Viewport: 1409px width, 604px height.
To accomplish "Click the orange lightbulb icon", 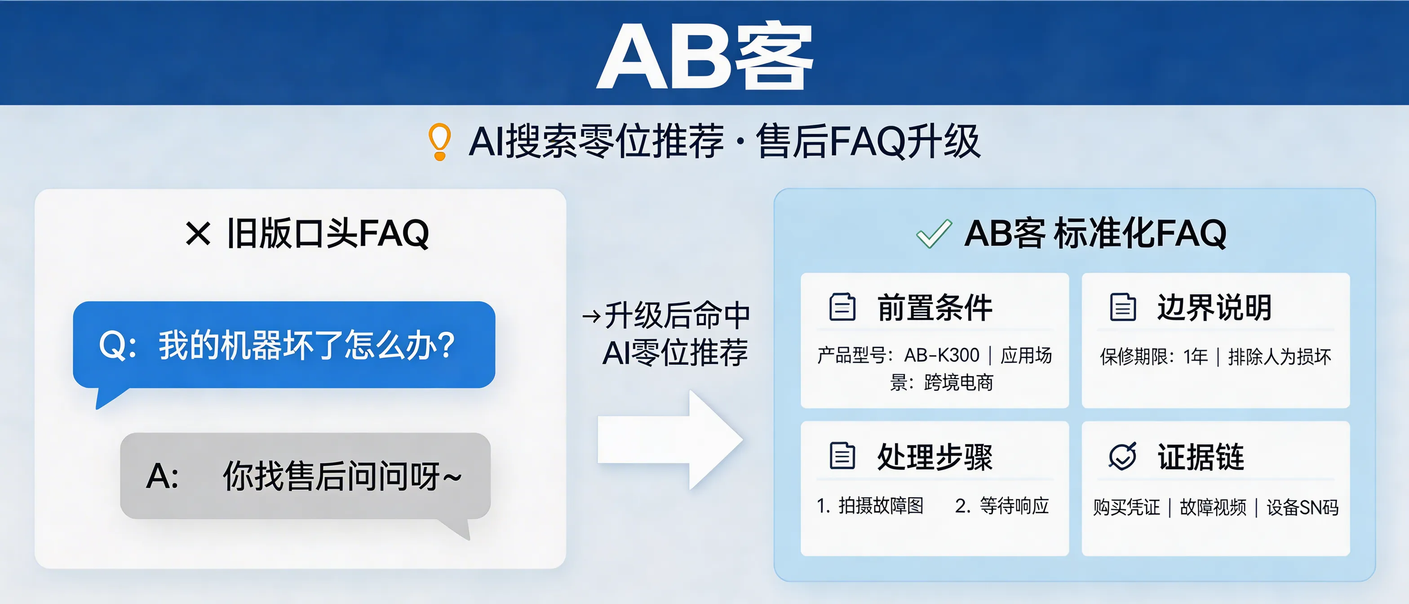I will pyautogui.click(x=439, y=142).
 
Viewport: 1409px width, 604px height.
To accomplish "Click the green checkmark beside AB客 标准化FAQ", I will pyautogui.click(x=934, y=234).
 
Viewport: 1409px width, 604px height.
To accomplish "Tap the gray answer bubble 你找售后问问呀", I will pyautogui.click(x=305, y=476).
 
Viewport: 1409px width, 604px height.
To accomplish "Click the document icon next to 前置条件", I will pyautogui.click(x=842, y=307).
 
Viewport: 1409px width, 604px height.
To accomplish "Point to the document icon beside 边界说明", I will pyautogui.click(x=1122, y=307).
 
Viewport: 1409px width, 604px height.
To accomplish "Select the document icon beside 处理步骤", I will pyautogui.click(x=842, y=456).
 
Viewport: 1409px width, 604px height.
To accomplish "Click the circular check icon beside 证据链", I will pyautogui.click(x=1122, y=456).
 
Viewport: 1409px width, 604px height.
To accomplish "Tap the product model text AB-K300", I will pyautogui.click(x=941, y=355).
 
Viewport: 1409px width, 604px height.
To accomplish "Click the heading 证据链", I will pyautogui.click(x=1201, y=457).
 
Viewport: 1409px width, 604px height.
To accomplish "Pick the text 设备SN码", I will pyautogui.click(x=1303, y=508).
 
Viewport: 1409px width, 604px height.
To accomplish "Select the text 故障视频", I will pyautogui.click(x=1213, y=508).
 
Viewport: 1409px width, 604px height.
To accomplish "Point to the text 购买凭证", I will pyautogui.click(x=1126, y=508).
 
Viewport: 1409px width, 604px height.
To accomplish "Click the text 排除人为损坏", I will pyautogui.click(x=1279, y=357).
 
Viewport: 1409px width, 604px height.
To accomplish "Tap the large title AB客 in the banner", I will pyautogui.click(x=704, y=56).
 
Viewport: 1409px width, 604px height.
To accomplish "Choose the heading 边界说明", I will pyautogui.click(x=1214, y=307).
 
